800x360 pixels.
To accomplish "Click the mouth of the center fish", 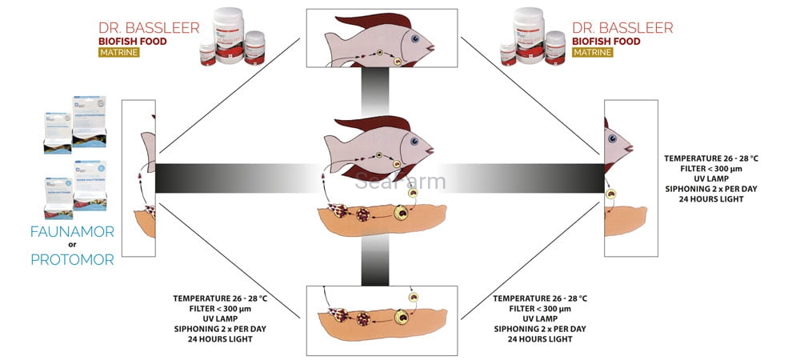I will click(x=432, y=150).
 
